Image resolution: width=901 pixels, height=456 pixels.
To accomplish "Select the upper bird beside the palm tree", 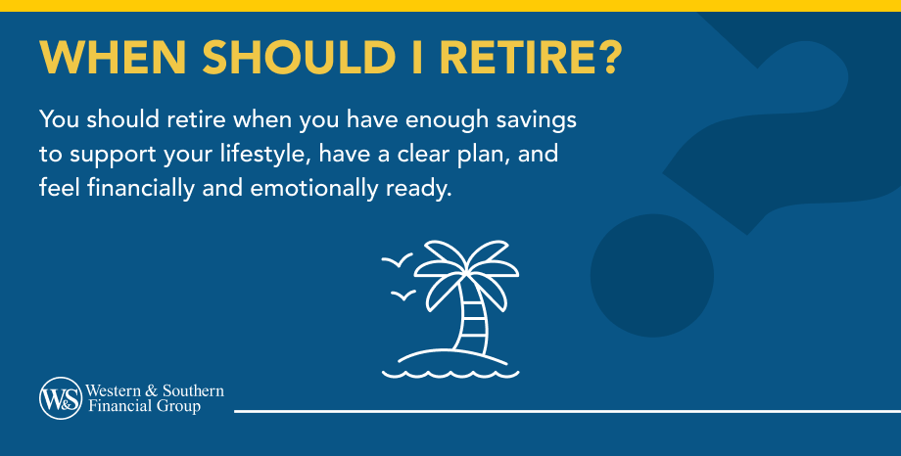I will coord(396,260).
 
